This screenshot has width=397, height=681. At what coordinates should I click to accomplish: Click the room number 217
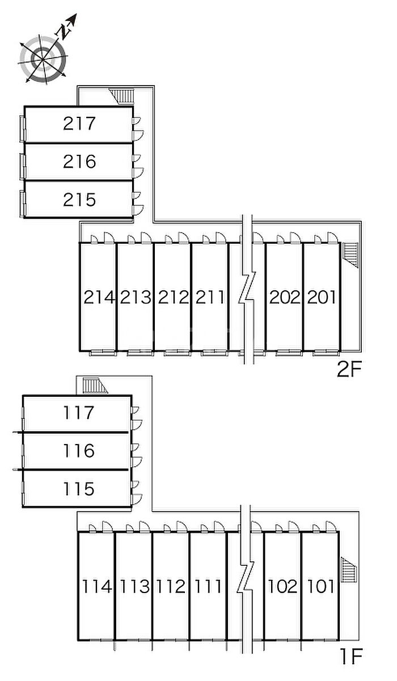[79, 123]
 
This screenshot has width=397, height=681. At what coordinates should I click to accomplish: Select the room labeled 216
[79, 162]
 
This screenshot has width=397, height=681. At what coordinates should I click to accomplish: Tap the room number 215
[79, 200]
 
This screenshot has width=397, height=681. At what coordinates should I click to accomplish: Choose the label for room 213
[136, 297]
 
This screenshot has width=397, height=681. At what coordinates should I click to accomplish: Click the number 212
[173, 297]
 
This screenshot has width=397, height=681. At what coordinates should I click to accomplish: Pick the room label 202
[284, 297]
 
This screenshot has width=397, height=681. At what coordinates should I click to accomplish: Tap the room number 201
[322, 297]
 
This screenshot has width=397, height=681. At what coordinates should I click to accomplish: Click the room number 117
[78, 413]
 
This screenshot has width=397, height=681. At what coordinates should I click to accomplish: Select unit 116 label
[78, 451]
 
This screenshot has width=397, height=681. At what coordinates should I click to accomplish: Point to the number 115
[78, 488]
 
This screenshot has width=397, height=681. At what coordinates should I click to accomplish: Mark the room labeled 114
[97, 586]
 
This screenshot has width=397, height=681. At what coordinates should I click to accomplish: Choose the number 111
[208, 586]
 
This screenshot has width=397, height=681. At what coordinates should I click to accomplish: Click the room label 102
[282, 586]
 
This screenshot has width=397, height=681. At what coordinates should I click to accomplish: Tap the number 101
[320, 586]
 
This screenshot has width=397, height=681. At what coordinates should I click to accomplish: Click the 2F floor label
[349, 370]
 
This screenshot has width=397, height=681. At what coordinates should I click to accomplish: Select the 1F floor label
[351, 657]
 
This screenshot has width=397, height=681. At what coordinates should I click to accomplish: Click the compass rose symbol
[43, 58]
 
